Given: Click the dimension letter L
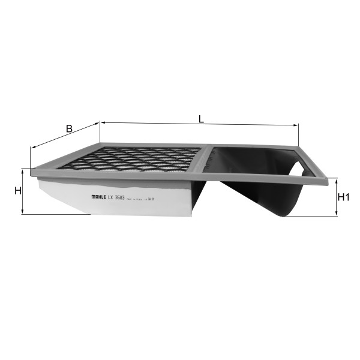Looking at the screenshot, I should click(202, 118).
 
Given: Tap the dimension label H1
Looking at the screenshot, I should click(344, 197).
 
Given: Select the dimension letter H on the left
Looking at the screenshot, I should click(17, 191).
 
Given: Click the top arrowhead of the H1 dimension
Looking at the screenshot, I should click(335, 180).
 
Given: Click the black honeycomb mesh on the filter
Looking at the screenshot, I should click(138, 160).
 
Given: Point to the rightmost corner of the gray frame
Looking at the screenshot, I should click(329, 178).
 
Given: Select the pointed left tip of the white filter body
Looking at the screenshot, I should click(38, 182).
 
